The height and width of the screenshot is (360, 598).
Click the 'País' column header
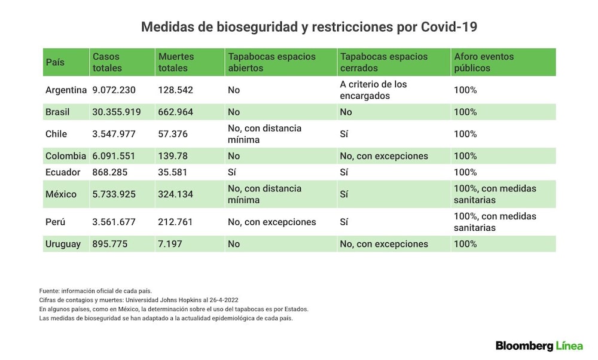click(x=55, y=62)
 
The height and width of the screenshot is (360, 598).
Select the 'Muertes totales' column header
click(x=176, y=62)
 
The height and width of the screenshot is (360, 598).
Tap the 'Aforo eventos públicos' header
click(x=484, y=62)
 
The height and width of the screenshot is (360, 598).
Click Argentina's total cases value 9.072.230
click(x=114, y=90)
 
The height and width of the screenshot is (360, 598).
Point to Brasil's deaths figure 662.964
click(x=175, y=112)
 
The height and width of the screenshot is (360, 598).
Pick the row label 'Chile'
click(x=56, y=134)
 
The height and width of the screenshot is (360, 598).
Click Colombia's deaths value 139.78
click(x=173, y=156)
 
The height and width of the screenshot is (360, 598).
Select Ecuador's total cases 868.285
click(x=110, y=172)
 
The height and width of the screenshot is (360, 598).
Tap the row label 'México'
click(x=61, y=194)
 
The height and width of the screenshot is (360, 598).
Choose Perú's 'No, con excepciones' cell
click(x=272, y=222)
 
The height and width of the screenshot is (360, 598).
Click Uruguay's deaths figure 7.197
click(x=170, y=244)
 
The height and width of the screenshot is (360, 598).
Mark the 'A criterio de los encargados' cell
click(x=373, y=90)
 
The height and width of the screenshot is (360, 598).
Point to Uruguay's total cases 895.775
click(x=110, y=244)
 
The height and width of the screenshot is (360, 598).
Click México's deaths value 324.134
click(x=175, y=194)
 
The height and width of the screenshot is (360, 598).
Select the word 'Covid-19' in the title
click(x=449, y=27)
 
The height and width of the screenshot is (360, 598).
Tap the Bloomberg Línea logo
click(x=539, y=346)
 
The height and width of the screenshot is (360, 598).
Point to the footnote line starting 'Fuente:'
click(x=95, y=291)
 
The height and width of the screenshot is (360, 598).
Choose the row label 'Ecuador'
click(x=63, y=172)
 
